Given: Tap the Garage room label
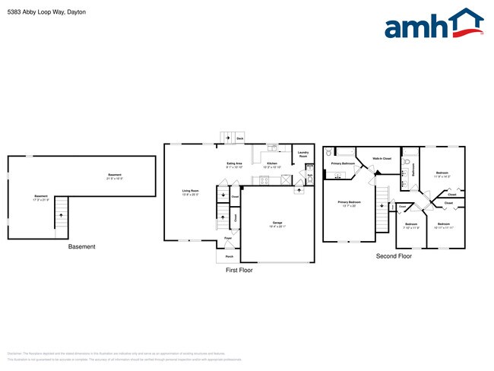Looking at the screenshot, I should pyautogui.click(x=277, y=224).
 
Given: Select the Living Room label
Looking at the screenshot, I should pyautogui.click(x=190, y=192).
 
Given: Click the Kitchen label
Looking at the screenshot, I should pyautogui.click(x=271, y=163).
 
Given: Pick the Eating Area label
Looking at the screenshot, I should pyautogui.click(x=234, y=163).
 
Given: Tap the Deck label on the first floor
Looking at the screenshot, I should pyautogui.click(x=240, y=139).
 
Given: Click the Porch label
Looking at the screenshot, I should pyautogui.click(x=229, y=256).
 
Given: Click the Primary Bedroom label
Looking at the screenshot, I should pyautogui.click(x=349, y=202).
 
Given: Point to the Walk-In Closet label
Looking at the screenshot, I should pyautogui.click(x=382, y=159).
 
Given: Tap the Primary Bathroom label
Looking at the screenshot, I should pyautogui.click(x=343, y=163).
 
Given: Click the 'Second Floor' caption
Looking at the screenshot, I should pyautogui.click(x=394, y=256).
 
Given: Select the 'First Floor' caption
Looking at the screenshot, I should pyautogui.click(x=239, y=270).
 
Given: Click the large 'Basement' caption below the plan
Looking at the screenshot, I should pyautogui.click(x=82, y=247).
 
